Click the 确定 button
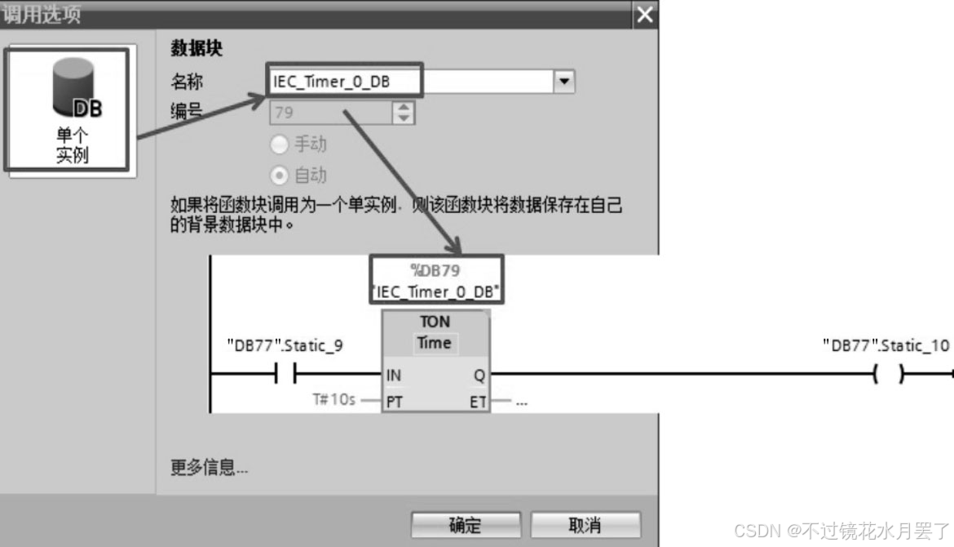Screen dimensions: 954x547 [465, 525]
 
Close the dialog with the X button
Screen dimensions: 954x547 [645, 15]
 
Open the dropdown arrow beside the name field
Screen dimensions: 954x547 [564, 82]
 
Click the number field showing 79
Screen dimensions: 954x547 [330, 113]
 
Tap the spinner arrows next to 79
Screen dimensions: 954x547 [404, 113]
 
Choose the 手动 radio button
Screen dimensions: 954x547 [280, 145]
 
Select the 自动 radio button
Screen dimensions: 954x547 [280, 175]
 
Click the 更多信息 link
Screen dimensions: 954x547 [209, 468]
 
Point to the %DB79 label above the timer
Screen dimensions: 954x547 [435, 271]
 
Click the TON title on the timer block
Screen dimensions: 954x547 [435, 322]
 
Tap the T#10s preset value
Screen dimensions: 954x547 [334, 401]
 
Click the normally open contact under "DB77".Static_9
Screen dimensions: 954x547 [285, 375]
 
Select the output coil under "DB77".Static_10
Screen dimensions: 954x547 [888, 375]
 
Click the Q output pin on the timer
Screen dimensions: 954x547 [479, 376]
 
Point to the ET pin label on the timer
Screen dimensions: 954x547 [478, 402]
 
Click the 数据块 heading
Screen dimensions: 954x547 [197, 49]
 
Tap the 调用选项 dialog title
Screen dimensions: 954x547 [42, 15]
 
